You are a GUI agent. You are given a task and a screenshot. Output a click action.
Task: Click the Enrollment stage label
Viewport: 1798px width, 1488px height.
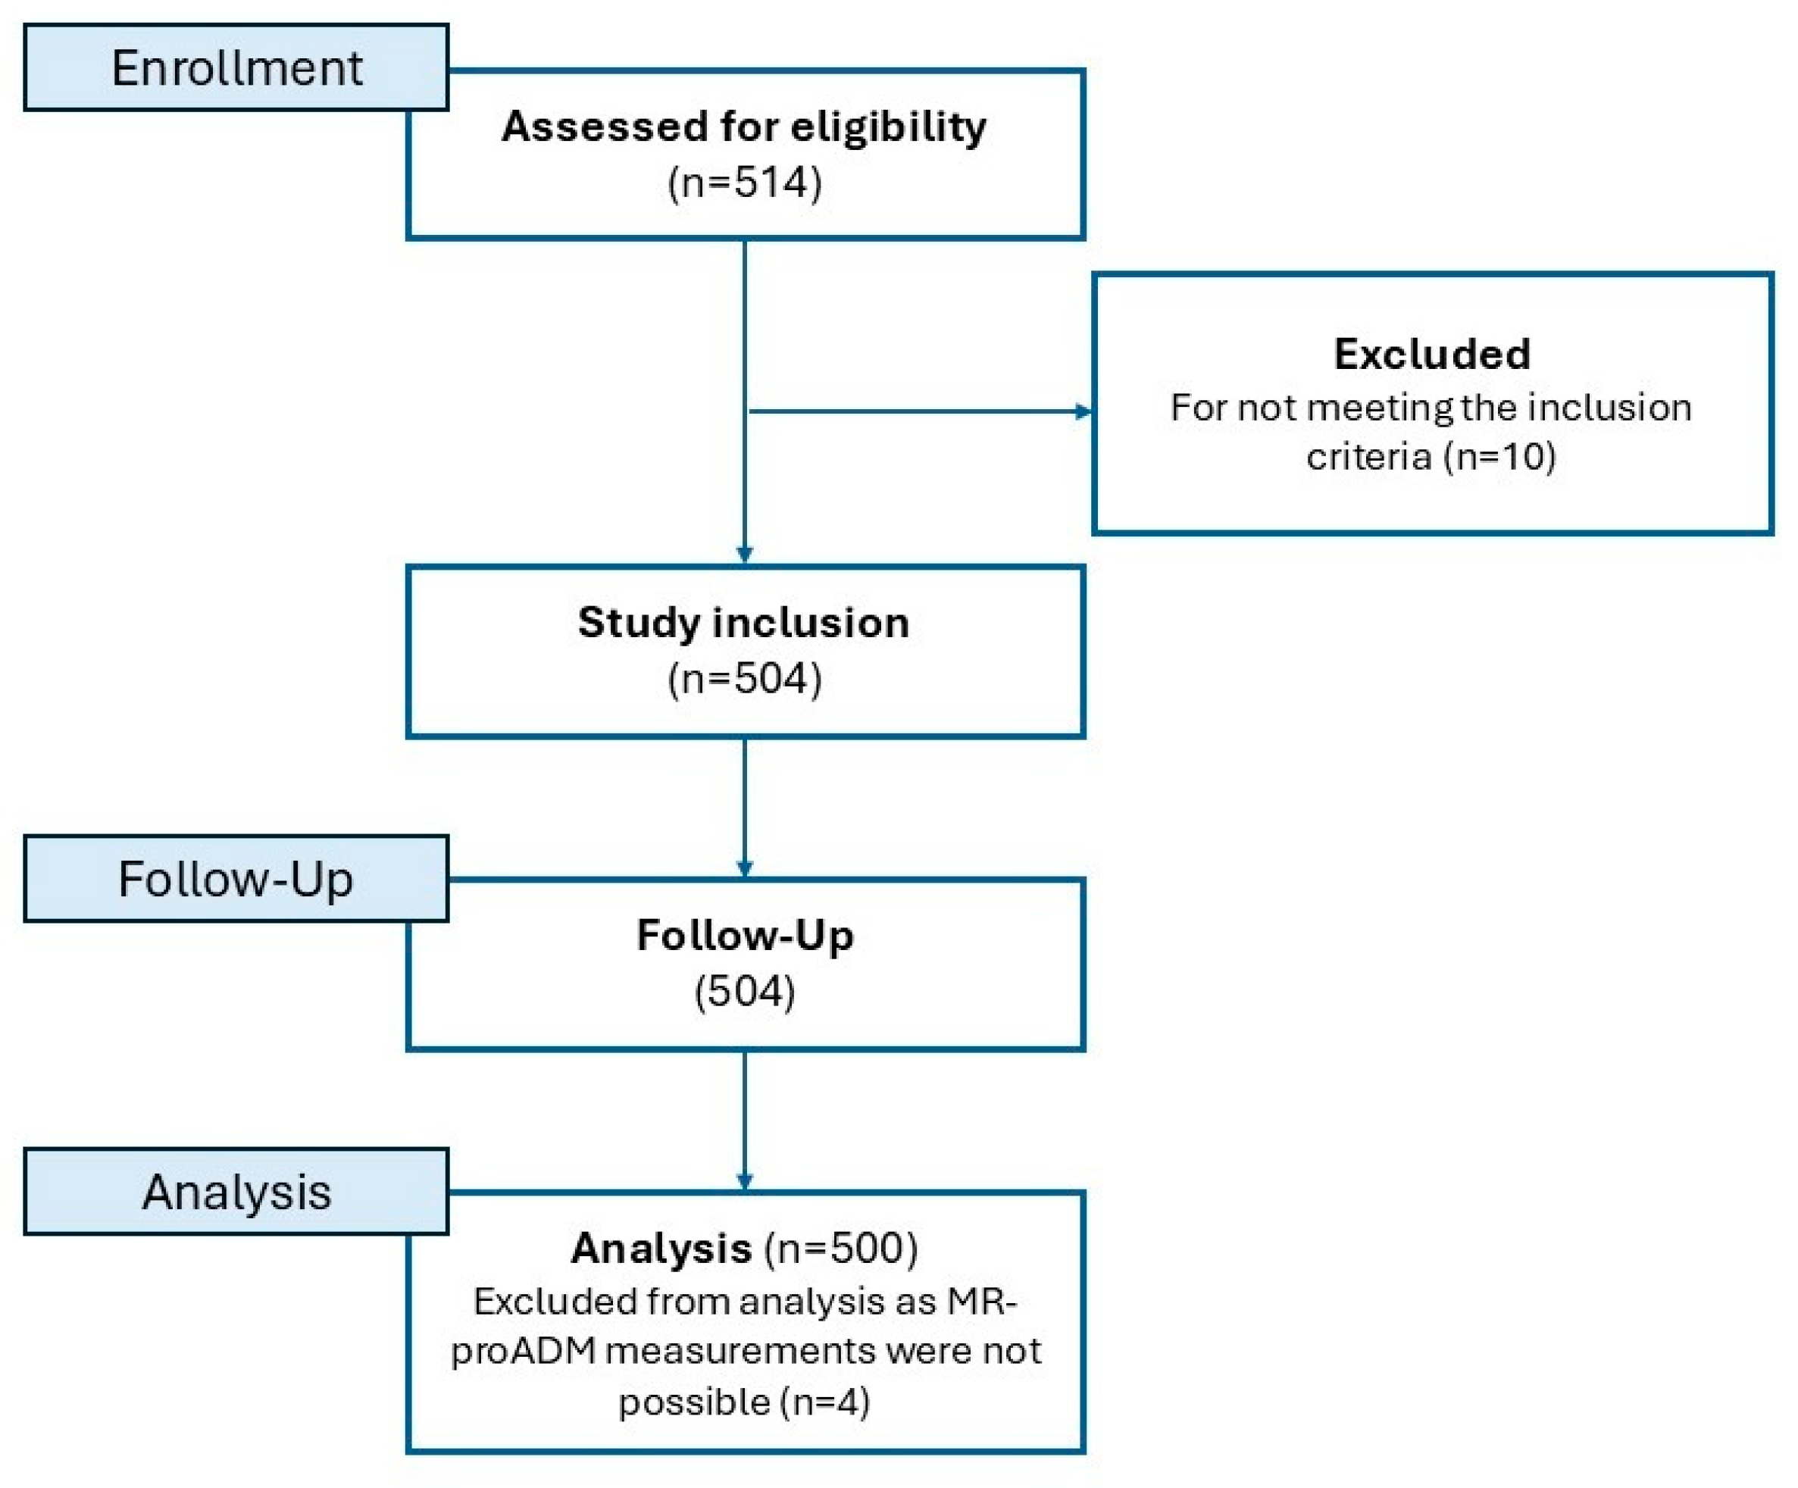point(236,67)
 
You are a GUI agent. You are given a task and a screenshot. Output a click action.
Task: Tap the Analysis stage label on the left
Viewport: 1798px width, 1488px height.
point(236,1191)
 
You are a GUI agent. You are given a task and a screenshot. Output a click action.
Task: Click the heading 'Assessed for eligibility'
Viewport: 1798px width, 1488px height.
point(744,127)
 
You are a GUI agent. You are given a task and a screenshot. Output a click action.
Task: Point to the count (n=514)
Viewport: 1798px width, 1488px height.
point(744,183)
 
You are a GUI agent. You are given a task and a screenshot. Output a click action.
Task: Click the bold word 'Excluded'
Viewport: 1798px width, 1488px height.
point(1431,354)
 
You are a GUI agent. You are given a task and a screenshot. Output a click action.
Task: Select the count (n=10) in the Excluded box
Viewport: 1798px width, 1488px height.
point(1500,455)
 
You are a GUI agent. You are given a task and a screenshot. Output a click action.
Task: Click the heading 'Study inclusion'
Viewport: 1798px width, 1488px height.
point(743,623)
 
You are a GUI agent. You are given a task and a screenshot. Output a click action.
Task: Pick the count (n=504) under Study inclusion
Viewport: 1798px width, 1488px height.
point(744,679)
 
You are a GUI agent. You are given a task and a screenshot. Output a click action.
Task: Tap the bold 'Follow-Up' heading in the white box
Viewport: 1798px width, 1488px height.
point(745,935)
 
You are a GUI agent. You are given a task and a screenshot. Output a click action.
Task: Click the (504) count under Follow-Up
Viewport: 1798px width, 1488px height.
point(744,992)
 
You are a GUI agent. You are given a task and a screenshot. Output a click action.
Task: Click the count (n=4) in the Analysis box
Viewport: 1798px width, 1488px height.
point(824,1402)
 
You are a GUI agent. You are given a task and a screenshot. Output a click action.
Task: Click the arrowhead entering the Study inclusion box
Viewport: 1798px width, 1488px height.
point(744,555)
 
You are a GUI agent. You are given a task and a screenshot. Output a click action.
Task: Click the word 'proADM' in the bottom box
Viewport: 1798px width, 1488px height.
point(522,1351)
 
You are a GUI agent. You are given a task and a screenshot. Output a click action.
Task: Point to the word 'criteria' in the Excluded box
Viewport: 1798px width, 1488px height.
point(1368,455)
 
